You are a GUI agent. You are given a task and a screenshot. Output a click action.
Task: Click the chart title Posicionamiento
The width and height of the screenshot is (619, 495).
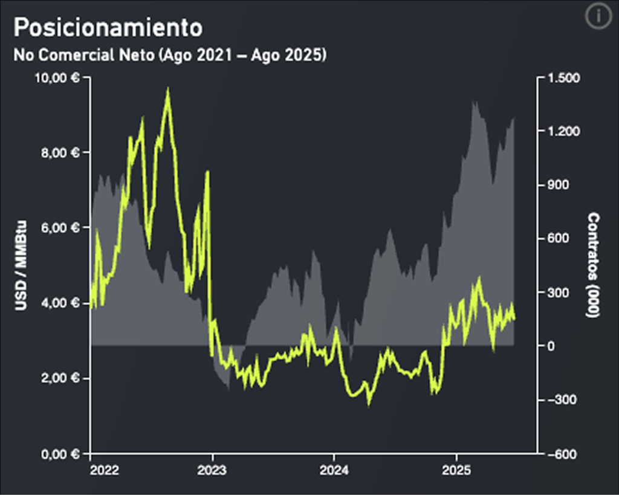click(x=108, y=27)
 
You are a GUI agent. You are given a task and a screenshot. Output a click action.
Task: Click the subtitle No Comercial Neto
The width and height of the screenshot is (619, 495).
click(x=170, y=55)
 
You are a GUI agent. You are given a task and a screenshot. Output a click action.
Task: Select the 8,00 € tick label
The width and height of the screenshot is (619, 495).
click(x=59, y=152)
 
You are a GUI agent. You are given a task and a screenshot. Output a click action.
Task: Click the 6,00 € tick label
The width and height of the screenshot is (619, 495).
click(x=59, y=228)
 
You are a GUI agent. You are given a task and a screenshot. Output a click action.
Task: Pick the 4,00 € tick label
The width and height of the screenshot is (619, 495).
click(x=59, y=303)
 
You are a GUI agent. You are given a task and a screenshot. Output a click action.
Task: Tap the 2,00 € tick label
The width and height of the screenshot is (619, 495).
click(x=59, y=378)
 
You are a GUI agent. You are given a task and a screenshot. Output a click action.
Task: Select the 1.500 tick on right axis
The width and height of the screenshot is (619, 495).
click(x=562, y=78)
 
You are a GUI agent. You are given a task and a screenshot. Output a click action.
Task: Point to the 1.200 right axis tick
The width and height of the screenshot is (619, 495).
click(x=562, y=131)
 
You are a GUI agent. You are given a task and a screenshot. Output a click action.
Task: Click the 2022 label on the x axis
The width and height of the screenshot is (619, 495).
click(x=105, y=470)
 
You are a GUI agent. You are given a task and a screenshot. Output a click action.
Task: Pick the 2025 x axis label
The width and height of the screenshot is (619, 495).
click(x=456, y=470)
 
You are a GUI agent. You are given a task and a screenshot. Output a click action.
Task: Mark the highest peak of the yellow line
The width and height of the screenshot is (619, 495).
click(x=167, y=89)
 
